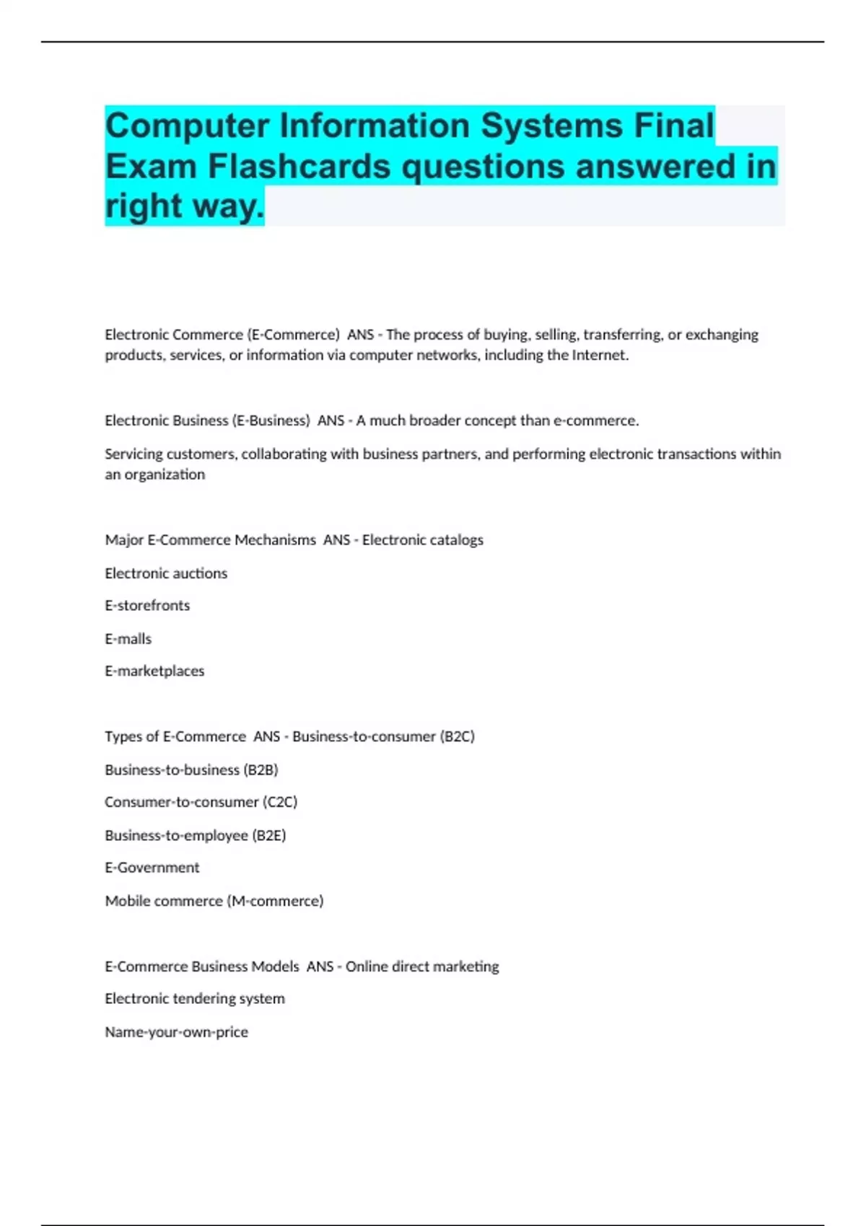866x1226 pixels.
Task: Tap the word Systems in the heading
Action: [551, 125]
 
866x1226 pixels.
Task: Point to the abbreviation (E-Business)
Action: [271, 420]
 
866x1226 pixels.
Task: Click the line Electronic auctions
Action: [166, 573]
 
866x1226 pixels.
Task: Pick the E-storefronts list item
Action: [147, 606]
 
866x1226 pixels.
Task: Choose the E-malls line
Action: [128, 639]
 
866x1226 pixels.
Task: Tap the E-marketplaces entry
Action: [154, 671]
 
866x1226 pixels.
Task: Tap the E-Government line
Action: [152, 868]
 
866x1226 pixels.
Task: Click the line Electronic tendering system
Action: [195, 999]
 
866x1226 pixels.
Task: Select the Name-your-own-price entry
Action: [176, 1032]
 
